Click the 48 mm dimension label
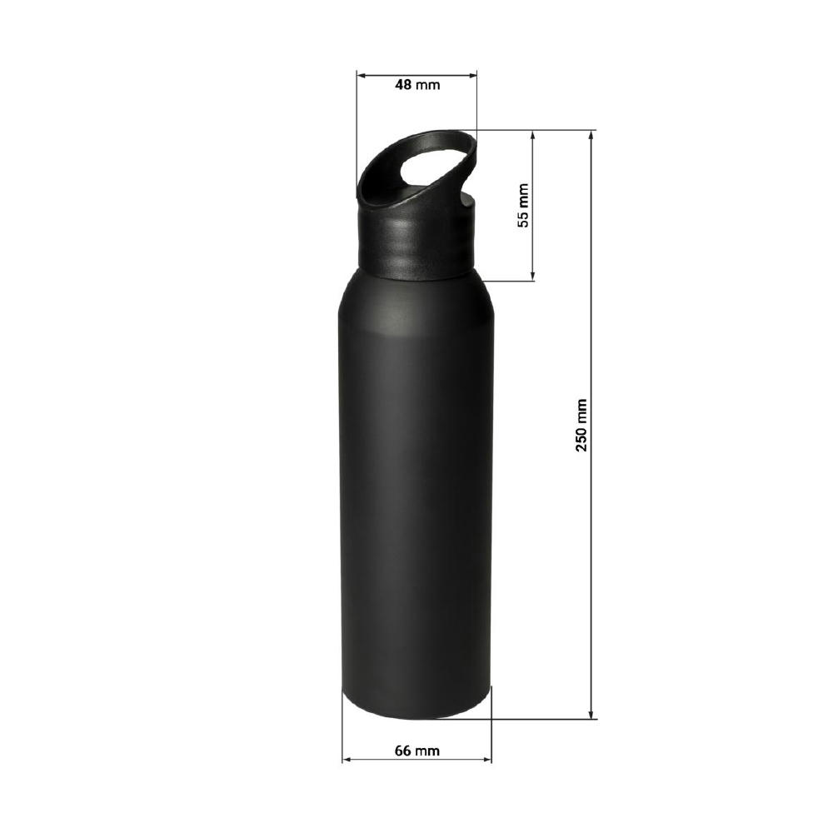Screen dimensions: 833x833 tap(417, 84)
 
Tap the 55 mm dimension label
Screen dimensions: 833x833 tap(523, 205)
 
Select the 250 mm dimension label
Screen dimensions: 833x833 tap(581, 425)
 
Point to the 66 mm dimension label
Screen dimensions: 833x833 tap(417, 751)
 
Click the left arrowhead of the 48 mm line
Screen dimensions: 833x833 tap(361, 76)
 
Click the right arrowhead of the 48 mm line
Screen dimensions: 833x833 tap(473, 76)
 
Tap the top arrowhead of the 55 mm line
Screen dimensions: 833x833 tap(533, 134)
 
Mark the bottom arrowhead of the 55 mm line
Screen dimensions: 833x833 tap(533, 276)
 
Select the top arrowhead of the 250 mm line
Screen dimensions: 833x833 tap(591, 134)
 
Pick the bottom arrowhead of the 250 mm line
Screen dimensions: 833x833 tap(591, 715)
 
